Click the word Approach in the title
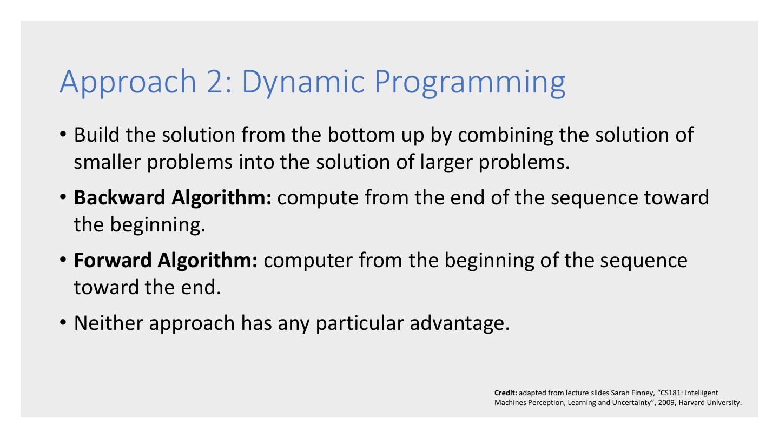pos(128,82)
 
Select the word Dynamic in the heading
pos(303,82)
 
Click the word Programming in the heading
pos(470,83)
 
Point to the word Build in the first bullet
pos(97,135)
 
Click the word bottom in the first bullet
pos(361,135)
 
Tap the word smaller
pos(107,162)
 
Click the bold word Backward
pos(120,197)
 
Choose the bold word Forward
pos(113,260)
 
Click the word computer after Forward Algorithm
pos(308,261)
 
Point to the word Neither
pos(109,323)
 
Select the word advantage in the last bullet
pos(459,324)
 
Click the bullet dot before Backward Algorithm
pos(63,197)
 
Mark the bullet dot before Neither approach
pos(63,322)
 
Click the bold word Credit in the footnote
pos(506,393)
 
